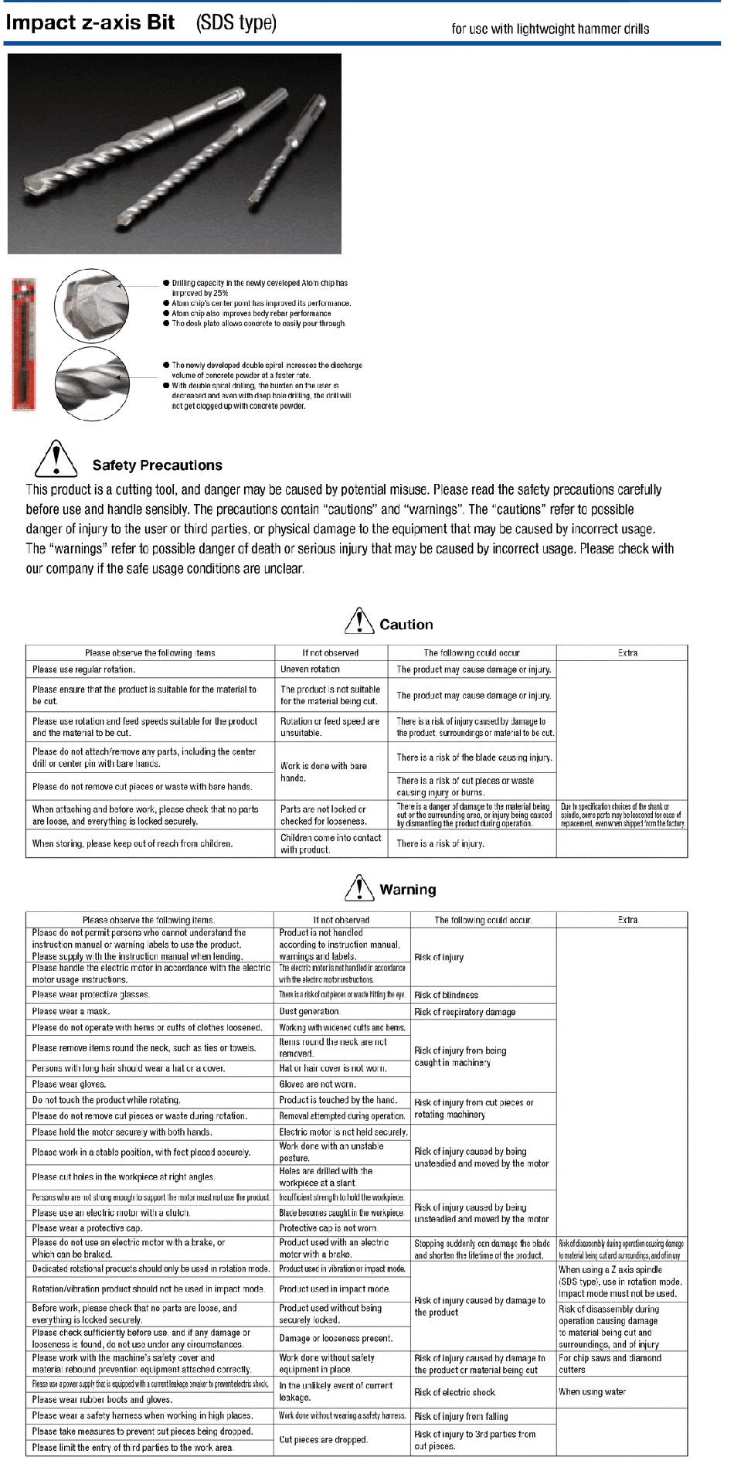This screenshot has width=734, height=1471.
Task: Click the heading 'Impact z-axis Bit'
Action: point(90,22)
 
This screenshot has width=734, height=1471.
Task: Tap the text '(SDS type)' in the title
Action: point(236,22)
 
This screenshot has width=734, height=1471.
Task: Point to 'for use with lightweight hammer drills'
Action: point(550,29)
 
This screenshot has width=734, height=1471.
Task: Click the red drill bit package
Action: point(24,344)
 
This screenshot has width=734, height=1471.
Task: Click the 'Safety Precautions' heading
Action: point(157,465)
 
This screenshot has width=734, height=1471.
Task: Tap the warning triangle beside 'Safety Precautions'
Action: point(56,458)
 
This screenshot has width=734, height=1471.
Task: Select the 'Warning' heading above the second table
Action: point(407,890)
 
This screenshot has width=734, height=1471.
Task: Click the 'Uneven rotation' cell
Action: point(311,669)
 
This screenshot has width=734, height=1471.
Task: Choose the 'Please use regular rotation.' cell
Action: point(83,669)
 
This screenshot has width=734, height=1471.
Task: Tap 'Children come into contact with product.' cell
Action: point(331,843)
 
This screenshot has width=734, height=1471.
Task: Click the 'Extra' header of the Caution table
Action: point(627,653)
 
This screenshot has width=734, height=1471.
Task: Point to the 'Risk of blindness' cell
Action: point(446,995)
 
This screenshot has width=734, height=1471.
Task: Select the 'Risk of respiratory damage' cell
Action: point(464,1012)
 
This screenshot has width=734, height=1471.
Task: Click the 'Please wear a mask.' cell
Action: point(71,1011)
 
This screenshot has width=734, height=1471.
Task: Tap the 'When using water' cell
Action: point(593,1391)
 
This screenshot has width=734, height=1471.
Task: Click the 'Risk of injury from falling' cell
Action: point(460,1416)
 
